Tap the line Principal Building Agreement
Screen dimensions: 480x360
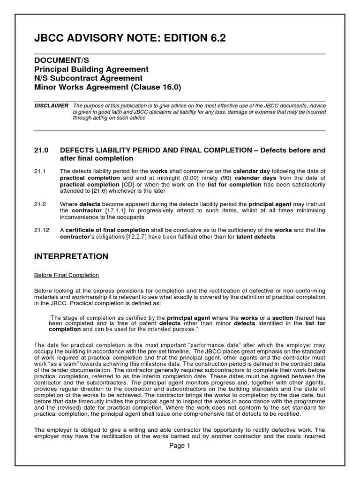pos(91,69)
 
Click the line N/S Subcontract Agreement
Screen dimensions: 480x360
pos(88,78)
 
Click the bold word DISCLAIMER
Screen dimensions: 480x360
pos(51,106)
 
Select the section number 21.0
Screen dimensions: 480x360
pos(42,150)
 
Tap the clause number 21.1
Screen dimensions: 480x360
pos(40,171)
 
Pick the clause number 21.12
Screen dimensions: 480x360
pos(41,230)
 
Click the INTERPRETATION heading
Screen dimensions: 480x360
pos(71,256)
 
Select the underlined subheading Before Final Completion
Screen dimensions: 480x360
pos(67,275)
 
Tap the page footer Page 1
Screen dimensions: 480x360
pos(180,446)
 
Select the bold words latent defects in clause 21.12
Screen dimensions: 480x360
pos(256,237)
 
